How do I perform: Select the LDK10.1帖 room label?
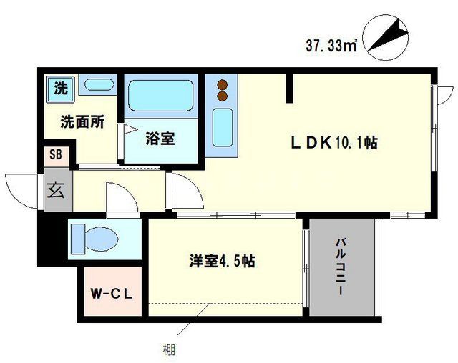coord(333,143)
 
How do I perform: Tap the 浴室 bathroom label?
coord(160,138)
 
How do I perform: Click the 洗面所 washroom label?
coord(82,121)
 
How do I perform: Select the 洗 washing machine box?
coord(62,89)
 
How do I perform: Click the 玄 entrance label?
coord(55,189)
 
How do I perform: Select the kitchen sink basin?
coord(222,127)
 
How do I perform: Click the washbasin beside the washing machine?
coord(96,85)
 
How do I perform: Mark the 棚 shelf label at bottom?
coord(167,351)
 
